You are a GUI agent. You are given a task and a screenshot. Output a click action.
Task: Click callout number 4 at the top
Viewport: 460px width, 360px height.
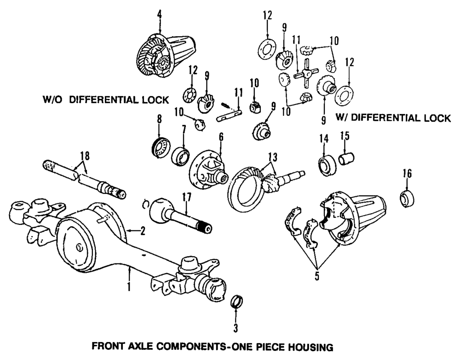coord(159,14)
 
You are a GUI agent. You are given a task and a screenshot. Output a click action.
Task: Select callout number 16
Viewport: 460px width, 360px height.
coord(407,173)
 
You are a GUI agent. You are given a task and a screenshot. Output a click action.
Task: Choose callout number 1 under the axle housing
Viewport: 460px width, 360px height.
coord(129,288)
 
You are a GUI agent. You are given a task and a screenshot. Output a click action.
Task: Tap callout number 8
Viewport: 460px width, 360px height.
coord(160,119)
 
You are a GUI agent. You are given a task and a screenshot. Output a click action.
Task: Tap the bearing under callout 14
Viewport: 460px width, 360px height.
coord(327,165)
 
